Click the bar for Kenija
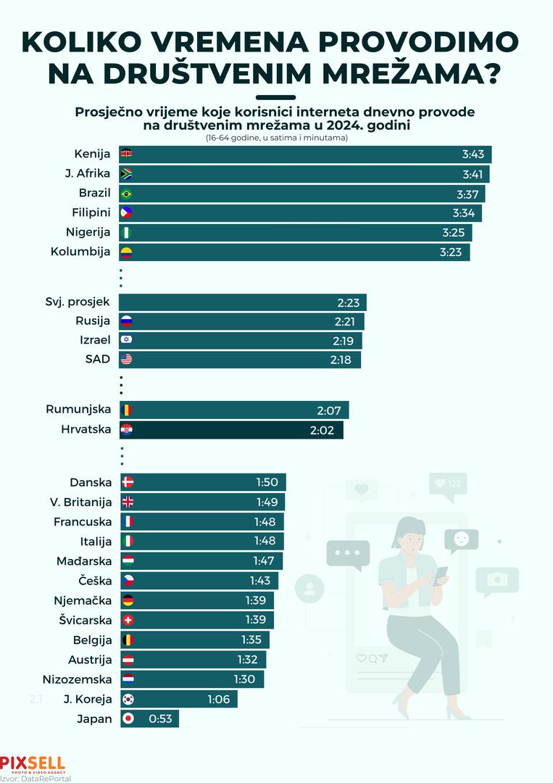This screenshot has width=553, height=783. click(304, 154)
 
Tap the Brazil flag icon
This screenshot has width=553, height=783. click(127, 194)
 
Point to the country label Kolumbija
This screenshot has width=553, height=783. click(80, 252)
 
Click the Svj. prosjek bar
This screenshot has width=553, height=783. click(243, 302)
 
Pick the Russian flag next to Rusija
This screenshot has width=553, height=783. click(127, 321)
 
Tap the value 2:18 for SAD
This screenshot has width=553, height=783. click(344, 360)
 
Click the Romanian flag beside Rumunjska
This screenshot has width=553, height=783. click(127, 410)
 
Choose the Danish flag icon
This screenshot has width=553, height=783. click(127, 482)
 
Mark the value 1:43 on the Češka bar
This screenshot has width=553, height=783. click(260, 581)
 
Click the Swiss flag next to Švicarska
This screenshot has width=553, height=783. click(127, 620)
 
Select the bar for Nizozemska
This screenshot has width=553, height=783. click(191, 679)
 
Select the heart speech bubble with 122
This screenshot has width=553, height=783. click(447, 484)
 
